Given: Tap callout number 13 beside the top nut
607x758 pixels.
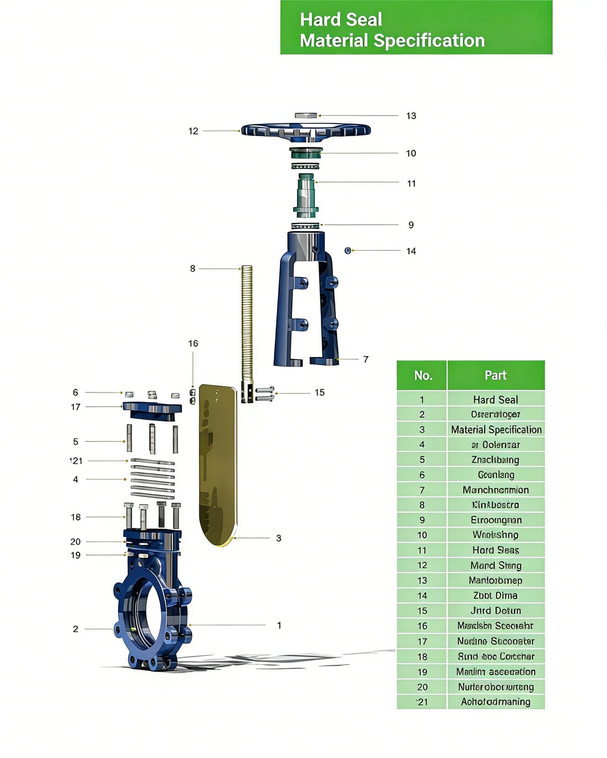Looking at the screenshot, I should click(x=411, y=116).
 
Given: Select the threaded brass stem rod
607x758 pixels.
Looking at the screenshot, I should click(x=247, y=322).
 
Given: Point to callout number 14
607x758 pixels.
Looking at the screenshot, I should click(x=411, y=251).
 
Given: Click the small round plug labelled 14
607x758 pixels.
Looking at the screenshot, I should click(x=348, y=250).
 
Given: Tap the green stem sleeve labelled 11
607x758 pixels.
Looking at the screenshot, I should click(x=306, y=194).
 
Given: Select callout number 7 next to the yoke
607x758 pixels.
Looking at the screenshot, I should click(x=366, y=360).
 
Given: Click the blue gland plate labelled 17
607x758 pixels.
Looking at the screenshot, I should click(x=152, y=410).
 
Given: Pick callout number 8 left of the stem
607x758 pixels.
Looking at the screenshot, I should click(x=192, y=269).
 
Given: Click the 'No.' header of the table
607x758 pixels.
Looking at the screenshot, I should click(x=422, y=376).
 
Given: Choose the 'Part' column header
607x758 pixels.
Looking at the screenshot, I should click(x=496, y=376).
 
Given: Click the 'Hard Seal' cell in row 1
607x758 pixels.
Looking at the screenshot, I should click(x=496, y=399).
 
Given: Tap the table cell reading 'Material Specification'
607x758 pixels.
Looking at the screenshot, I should click(x=496, y=430).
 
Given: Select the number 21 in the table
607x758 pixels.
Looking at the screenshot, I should click(x=422, y=702).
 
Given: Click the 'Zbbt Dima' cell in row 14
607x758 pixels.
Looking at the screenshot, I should click(x=496, y=596).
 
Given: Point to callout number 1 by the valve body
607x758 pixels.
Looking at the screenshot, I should click(x=279, y=625).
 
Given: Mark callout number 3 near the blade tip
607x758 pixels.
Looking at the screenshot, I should click(x=279, y=538).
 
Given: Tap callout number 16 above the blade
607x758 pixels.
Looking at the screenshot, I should click(x=193, y=343).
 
